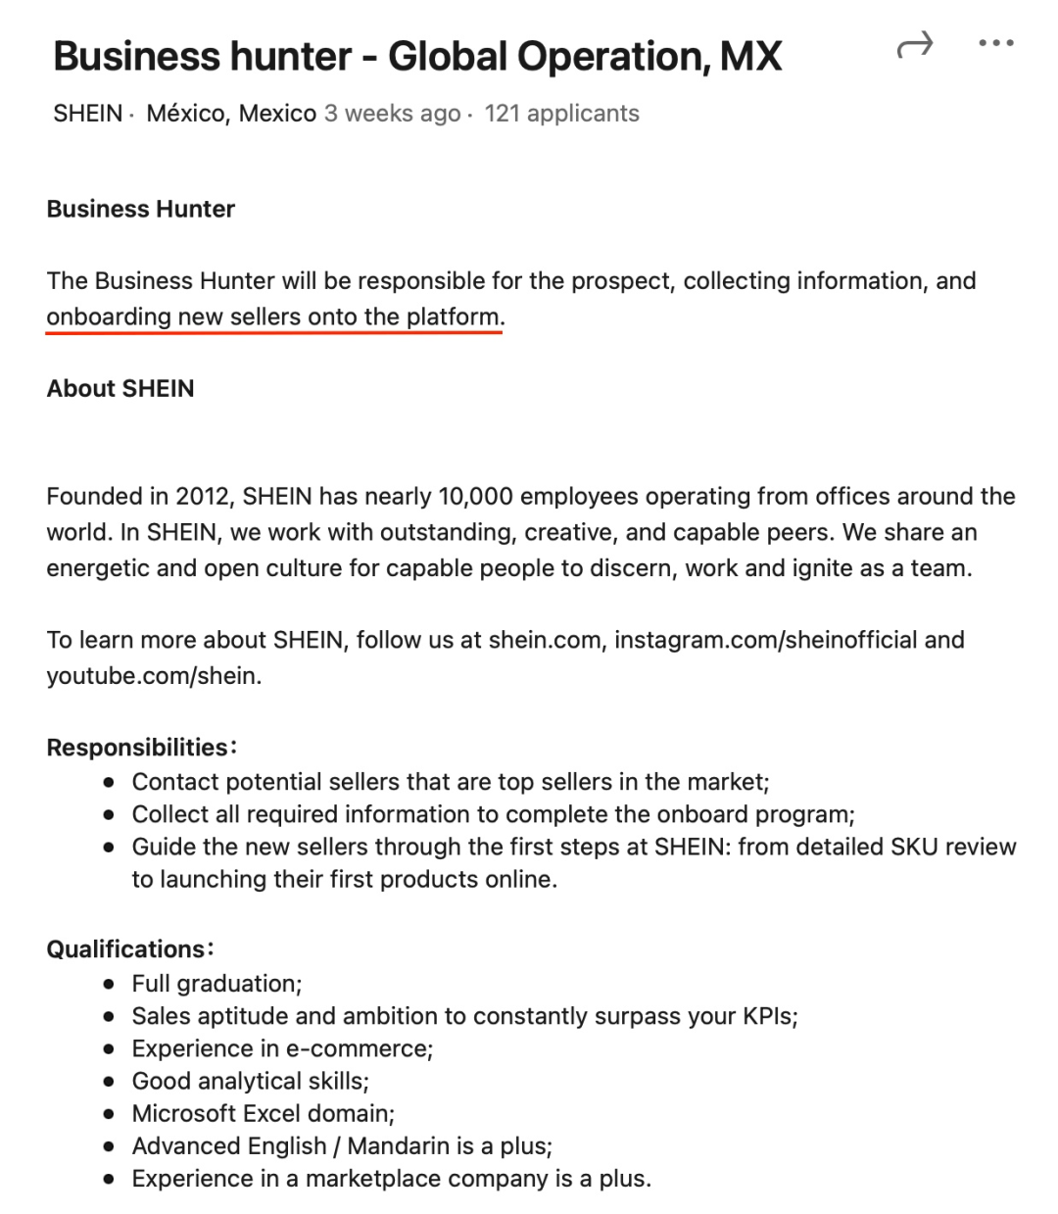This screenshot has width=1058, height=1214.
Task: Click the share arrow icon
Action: (915, 45)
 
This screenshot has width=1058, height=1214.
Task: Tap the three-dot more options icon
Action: (996, 43)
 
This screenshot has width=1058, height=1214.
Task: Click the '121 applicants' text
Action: (561, 114)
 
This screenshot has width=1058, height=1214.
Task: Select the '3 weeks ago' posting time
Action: (392, 114)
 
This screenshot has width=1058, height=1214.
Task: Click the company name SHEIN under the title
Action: (87, 114)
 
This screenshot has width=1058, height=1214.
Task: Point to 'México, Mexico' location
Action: (231, 114)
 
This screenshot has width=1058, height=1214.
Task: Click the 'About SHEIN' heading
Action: (120, 389)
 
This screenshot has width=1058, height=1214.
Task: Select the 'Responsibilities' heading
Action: (137, 748)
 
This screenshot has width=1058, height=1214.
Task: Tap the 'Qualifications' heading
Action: (125, 949)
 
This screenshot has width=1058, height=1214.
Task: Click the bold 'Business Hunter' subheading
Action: (141, 209)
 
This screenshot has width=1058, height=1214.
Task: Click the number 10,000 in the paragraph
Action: (475, 497)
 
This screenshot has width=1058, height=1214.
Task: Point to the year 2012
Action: (202, 497)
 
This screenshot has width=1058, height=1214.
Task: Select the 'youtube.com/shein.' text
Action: (154, 676)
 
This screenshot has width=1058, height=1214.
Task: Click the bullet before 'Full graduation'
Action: (110, 984)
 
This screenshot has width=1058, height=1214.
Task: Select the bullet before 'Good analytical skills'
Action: (110, 1082)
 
